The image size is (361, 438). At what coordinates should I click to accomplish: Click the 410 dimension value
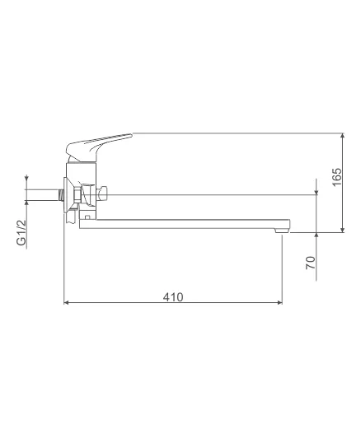pyautogui.click(x=173, y=297)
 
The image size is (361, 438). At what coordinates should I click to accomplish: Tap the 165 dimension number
pyautogui.click(x=337, y=176)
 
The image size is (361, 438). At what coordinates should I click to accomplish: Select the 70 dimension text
pyautogui.click(x=311, y=263)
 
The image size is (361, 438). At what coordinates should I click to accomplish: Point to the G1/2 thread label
pyautogui.click(x=21, y=233)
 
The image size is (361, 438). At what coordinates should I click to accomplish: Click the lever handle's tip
pyautogui.click(x=131, y=135)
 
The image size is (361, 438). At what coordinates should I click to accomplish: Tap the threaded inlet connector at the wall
pyautogui.click(x=61, y=194)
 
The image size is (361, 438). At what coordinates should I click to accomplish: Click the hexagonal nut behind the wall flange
pyautogui.click(x=77, y=194)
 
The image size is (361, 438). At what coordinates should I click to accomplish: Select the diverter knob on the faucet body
pyautogui.click(x=101, y=194)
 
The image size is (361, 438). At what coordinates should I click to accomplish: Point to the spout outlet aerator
pyautogui.click(x=282, y=231)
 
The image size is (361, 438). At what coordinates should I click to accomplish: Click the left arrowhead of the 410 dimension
pyautogui.click(x=67, y=302)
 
